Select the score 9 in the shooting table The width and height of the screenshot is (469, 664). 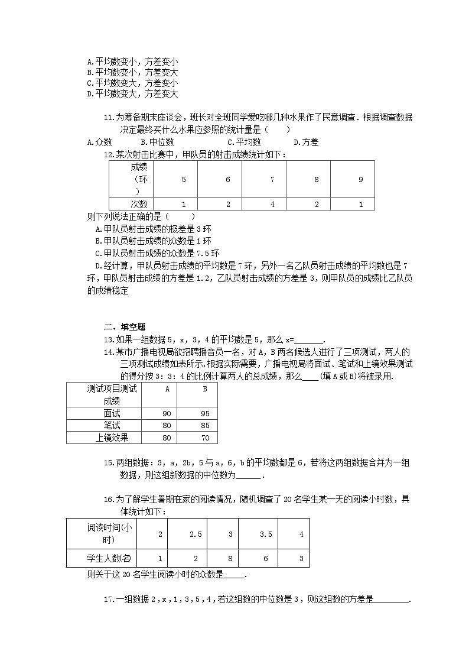pyautogui.click(x=361, y=179)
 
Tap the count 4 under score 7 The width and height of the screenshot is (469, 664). pyautogui.click(x=272, y=204)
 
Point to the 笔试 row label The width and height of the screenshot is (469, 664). pyautogui.click(x=112, y=426)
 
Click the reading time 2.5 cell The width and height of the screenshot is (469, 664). pyautogui.click(x=196, y=534)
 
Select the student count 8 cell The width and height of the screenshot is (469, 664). pyautogui.click(x=230, y=558)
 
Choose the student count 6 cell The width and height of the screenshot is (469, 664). pyautogui.click(x=266, y=558)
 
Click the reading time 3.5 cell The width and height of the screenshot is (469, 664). pyautogui.click(x=266, y=534)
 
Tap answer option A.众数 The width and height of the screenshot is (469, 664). pyautogui.click(x=99, y=142)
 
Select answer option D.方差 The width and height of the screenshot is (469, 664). pyautogui.click(x=306, y=142)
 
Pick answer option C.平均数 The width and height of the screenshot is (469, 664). pyautogui.click(x=244, y=142)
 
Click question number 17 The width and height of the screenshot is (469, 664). pyautogui.click(x=108, y=600)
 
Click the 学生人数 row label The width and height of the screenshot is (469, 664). pyautogui.click(x=101, y=558)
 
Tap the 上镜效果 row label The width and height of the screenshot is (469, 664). pyautogui.click(x=112, y=438)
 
